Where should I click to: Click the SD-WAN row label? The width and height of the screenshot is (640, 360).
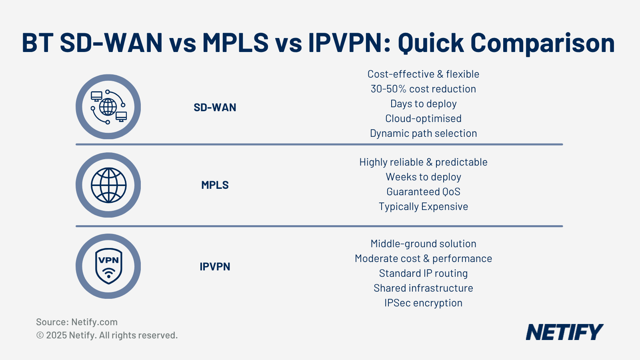[215, 107]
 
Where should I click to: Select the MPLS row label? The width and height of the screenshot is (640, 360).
[215, 185]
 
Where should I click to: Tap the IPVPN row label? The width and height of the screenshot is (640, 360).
[215, 266]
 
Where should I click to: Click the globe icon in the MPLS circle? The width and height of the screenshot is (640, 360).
[108, 185]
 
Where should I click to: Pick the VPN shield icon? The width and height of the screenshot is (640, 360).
[108, 266]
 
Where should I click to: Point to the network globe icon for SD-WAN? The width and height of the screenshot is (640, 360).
[108, 107]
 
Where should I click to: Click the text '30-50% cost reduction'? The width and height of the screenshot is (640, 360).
[423, 89]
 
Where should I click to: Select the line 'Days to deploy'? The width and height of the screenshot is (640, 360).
[423, 104]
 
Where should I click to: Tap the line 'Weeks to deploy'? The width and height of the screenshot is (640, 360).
[423, 177]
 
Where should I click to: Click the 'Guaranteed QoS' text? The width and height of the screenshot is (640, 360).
[423, 192]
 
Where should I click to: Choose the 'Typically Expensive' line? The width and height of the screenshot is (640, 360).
[423, 206]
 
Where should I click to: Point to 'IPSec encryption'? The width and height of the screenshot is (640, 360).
[423, 303]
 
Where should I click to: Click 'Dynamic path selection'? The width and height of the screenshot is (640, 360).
[423, 133]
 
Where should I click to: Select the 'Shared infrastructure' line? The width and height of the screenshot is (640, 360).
[423, 288]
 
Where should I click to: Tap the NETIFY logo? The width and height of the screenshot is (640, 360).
[564, 332]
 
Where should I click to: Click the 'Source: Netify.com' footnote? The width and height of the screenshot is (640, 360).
[77, 322]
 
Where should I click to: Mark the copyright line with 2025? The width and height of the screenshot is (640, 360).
[107, 335]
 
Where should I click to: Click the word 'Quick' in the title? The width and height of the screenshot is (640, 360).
[430, 43]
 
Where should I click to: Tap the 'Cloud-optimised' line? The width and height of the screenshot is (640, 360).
[423, 118]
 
